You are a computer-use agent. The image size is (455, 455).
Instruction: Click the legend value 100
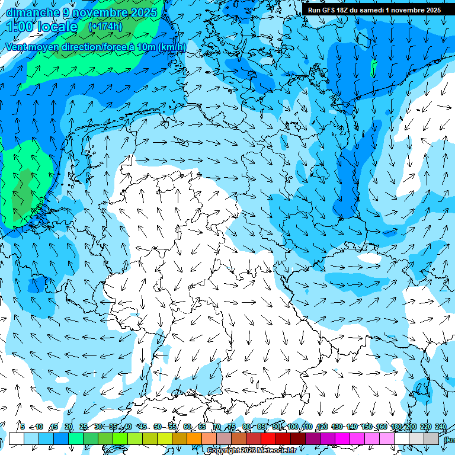[292, 427]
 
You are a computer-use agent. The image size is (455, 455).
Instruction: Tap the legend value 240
[440, 427]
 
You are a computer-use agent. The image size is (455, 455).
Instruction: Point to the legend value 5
[22, 427]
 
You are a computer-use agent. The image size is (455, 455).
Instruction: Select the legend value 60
[187, 427]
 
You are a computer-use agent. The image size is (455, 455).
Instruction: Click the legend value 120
[322, 427]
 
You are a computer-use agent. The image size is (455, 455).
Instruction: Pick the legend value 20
[68, 427]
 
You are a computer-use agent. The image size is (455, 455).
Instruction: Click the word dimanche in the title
[29, 12]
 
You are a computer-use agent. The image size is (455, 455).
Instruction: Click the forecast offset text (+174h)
[105, 27]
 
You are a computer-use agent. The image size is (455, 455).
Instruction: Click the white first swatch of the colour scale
[17, 438]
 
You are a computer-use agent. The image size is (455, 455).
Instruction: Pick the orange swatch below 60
[194, 438]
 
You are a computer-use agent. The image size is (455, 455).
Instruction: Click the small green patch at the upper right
[374, 68]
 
